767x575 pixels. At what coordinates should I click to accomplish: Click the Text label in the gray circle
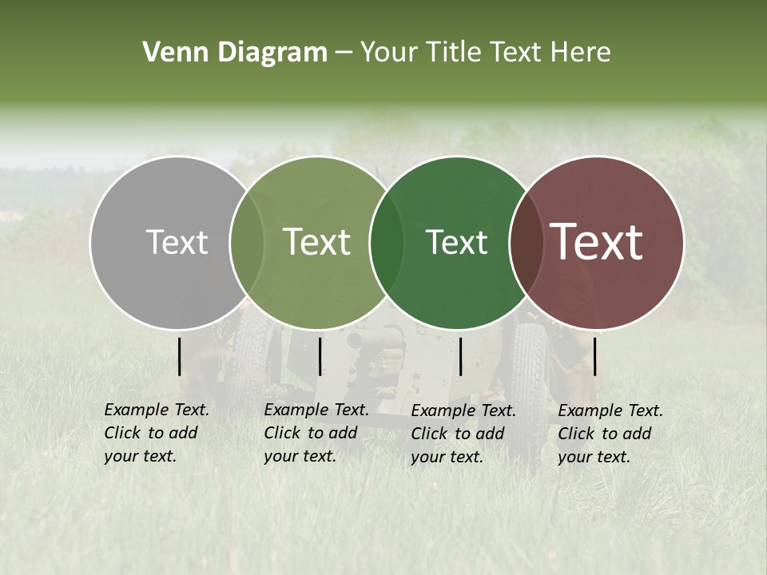pyautogui.click(x=177, y=242)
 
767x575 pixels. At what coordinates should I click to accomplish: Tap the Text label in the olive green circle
pyautogui.click(x=316, y=242)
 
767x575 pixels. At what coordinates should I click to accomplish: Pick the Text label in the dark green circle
pyautogui.click(x=456, y=242)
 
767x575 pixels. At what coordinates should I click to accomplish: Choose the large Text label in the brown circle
pyautogui.click(x=597, y=242)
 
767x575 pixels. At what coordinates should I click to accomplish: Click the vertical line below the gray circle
pyautogui.click(x=180, y=356)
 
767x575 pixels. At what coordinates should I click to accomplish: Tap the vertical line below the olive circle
pyautogui.click(x=320, y=356)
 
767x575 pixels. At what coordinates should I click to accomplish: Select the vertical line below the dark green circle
pyautogui.click(x=460, y=356)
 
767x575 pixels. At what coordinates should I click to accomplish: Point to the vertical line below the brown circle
pyautogui.click(x=595, y=356)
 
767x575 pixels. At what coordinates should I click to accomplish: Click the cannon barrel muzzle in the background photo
pyautogui.click(x=354, y=340)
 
